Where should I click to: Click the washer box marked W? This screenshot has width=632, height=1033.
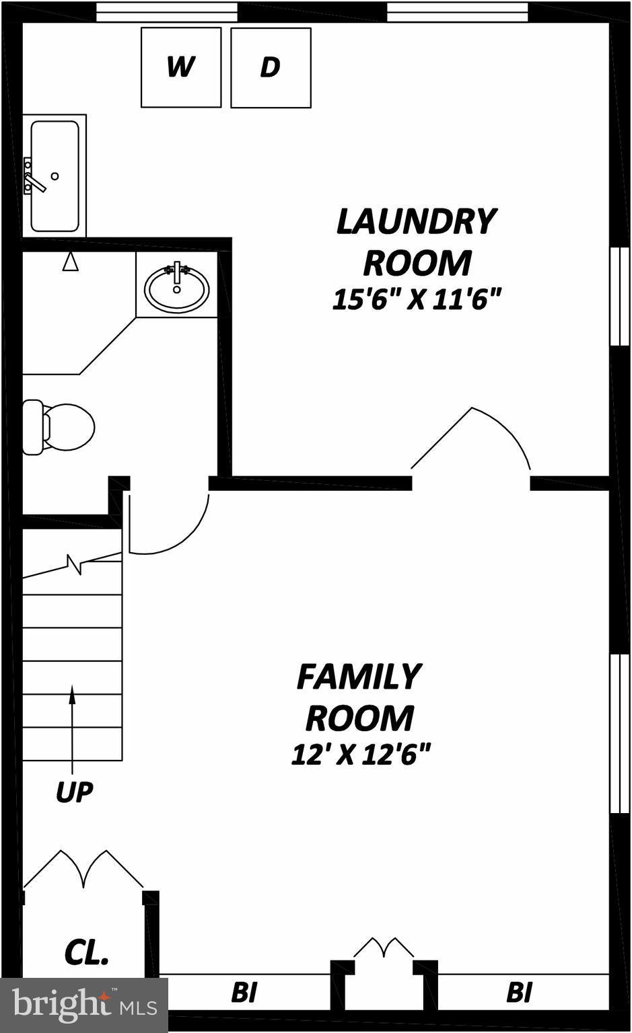[180, 67]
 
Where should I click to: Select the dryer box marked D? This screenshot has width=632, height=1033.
[271, 67]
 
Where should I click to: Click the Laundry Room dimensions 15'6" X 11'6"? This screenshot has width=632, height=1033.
[417, 299]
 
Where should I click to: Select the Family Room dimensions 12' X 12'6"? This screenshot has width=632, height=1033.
[360, 754]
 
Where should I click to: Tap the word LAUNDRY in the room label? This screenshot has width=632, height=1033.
[416, 222]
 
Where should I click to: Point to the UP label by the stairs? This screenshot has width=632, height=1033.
[74, 792]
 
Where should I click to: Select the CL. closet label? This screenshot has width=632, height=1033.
[86, 952]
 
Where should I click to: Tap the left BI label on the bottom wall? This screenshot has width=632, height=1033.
[244, 993]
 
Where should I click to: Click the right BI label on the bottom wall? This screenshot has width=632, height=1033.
[519, 993]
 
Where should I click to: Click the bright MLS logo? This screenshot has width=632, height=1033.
[84, 1005]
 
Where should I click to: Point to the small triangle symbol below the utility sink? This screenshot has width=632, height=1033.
[70, 262]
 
